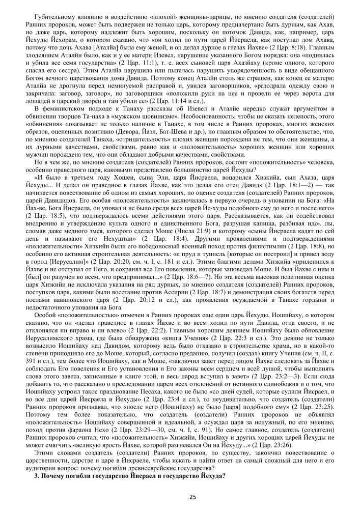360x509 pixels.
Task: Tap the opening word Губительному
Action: (52, 9)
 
